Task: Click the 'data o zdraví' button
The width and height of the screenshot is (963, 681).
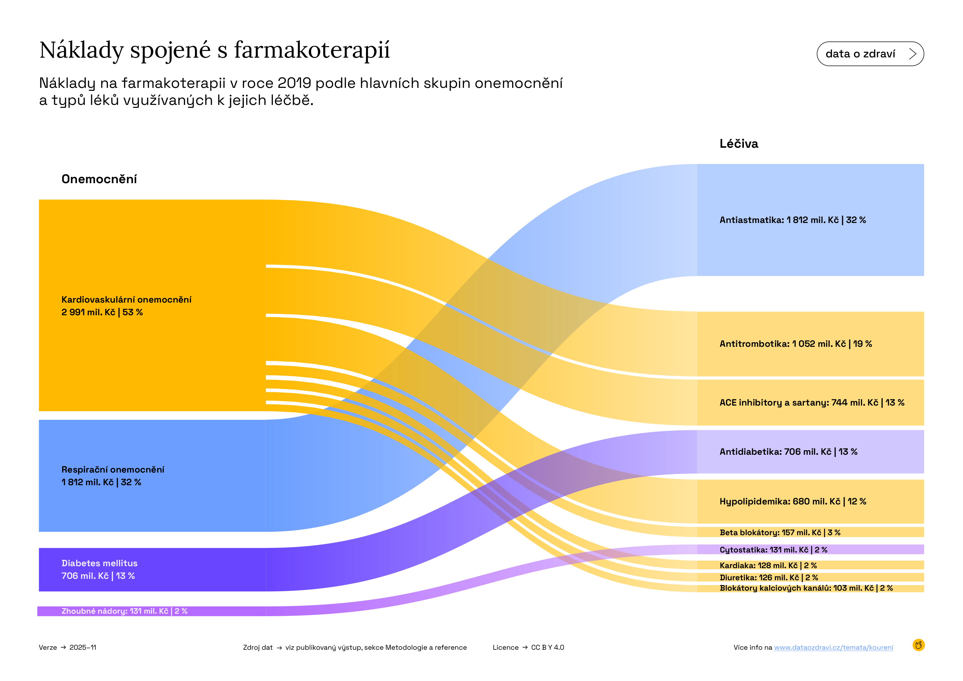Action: pyautogui.click(x=870, y=54)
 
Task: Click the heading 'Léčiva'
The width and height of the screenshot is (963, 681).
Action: pyautogui.click(x=739, y=144)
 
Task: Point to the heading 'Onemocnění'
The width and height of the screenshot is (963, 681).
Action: pyautogui.click(x=99, y=179)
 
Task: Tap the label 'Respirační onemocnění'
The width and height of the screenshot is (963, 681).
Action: pyautogui.click(x=113, y=470)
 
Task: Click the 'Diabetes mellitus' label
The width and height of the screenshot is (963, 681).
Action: pyautogui.click(x=99, y=563)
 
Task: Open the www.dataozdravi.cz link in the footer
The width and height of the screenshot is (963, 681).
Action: pyautogui.click(x=833, y=647)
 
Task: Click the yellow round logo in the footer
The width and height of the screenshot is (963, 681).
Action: pyautogui.click(x=918, y=645)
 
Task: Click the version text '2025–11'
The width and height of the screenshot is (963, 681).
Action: pyautogui.click(x=83, y=647)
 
